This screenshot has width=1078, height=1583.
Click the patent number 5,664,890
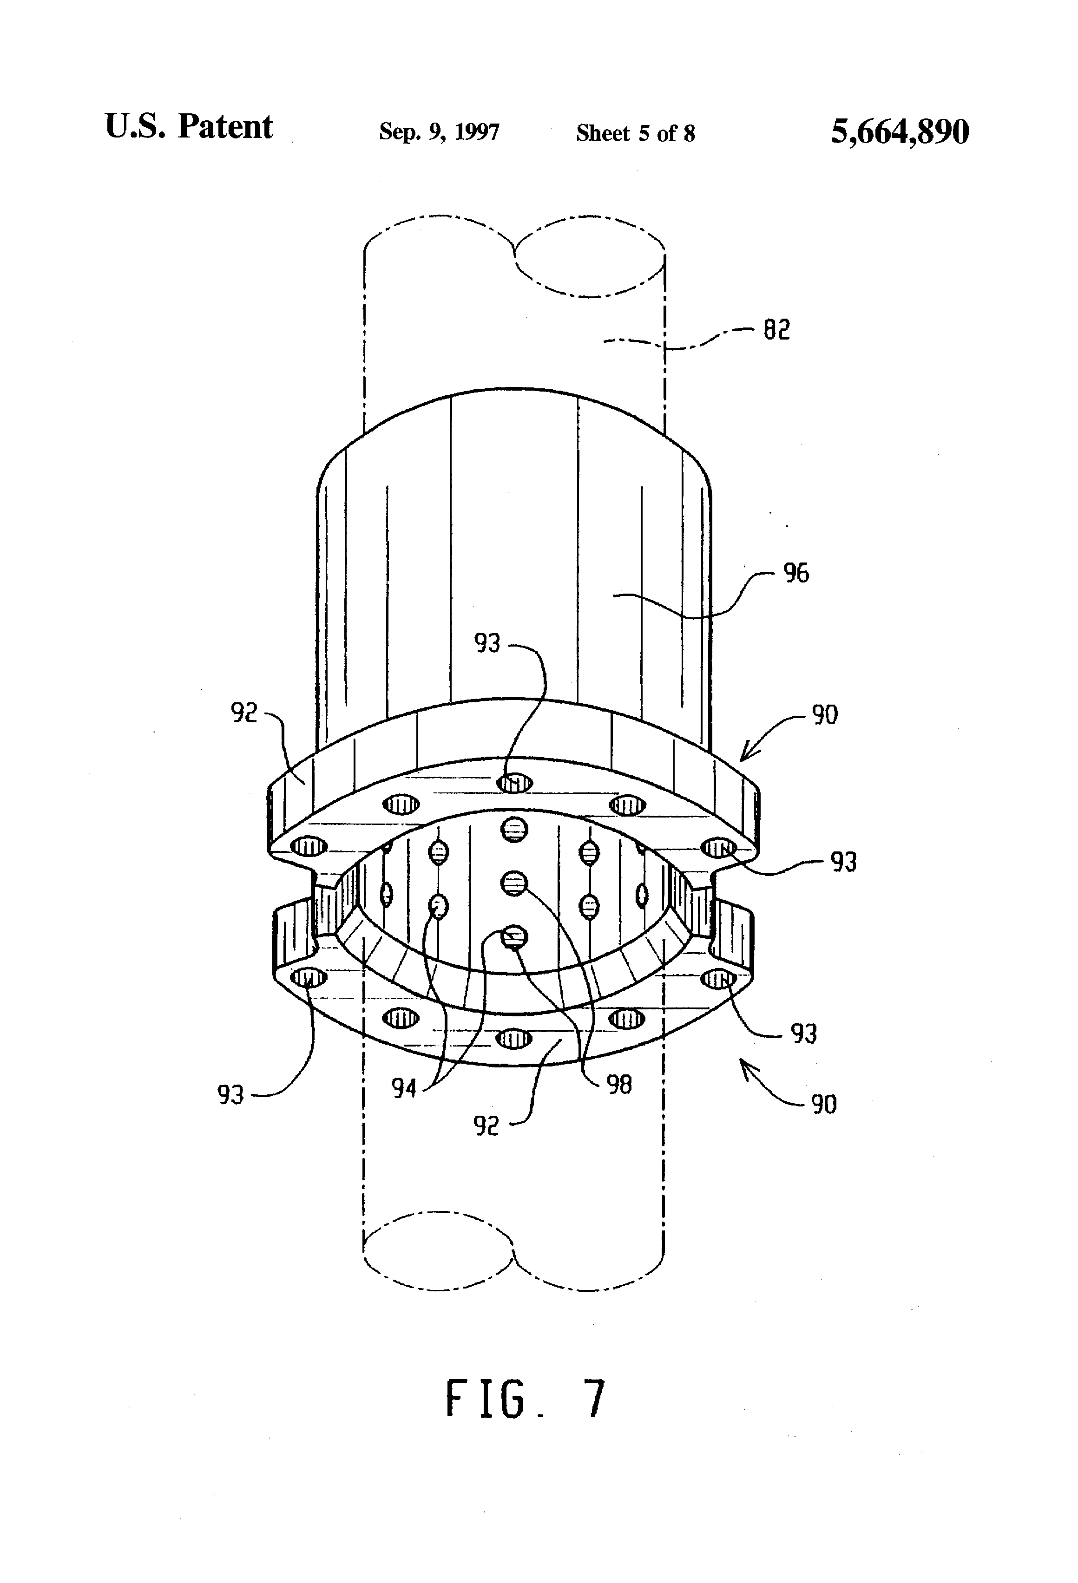click(900, 131)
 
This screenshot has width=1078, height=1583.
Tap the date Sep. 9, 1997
click(439, 131)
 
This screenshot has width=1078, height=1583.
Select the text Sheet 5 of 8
click(635, 133)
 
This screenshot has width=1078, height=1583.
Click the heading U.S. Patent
click(189, 127)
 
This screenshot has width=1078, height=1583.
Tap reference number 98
click(619, 1085)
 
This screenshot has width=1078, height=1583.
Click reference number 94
click(403, 1088)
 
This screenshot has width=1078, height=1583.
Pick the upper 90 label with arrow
click(824, 715)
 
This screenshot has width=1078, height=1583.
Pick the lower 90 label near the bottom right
click(823, 1104)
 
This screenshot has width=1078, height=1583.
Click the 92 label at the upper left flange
click(244, 713)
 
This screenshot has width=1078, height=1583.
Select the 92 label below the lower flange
click(486, 1126)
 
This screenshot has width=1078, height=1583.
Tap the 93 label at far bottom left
click(230, 1095)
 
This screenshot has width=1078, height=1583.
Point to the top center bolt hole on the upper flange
click(514, 783)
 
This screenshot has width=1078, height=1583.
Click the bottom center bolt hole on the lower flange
click(514, 1038)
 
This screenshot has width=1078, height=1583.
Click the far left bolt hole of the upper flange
click(309, 847)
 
